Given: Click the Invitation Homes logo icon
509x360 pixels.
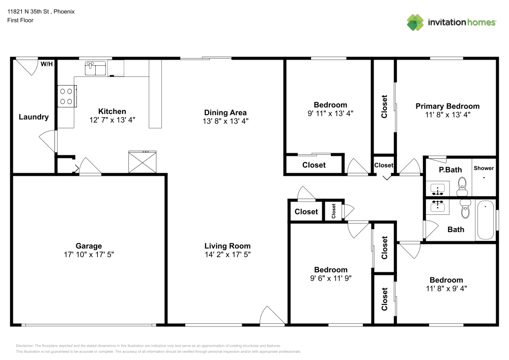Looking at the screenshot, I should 415,22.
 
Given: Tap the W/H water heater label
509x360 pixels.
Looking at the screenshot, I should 46,64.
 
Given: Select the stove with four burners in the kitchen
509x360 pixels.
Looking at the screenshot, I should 66,96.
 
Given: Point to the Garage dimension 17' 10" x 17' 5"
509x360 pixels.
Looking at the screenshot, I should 89,254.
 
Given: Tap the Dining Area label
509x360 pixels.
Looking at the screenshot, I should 225,113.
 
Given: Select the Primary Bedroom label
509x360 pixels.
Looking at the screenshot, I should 447,106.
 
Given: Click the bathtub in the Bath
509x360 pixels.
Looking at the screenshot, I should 486,220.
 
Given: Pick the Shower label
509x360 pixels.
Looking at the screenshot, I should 484,168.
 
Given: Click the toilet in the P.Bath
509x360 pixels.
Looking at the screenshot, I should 462,186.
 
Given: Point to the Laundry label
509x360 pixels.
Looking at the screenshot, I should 34,117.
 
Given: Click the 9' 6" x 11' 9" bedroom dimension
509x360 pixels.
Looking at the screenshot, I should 330,278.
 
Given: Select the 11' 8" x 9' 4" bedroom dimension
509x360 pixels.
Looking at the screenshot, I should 446,288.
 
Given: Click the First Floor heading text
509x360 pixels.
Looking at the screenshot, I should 20,20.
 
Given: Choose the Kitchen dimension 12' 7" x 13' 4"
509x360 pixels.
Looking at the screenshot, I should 112,121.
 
